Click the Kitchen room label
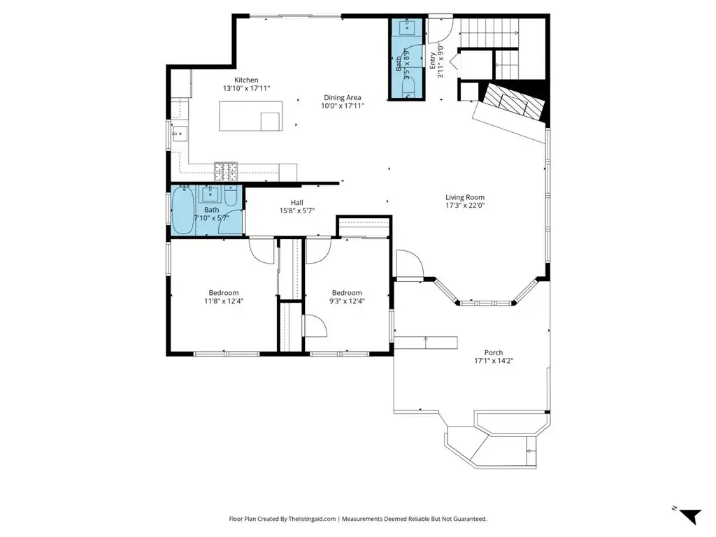coord(246,80)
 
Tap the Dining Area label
coord(343,97)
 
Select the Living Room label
coord(465,197)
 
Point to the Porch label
coord(494,352)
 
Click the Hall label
coord(296,202)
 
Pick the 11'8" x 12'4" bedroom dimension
coord(224,301)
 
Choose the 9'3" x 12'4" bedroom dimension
coord(347,301)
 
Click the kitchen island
coord(251,116)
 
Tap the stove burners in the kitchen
coord(226,172)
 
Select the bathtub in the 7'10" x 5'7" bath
coord(183,210)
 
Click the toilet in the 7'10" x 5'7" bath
coord(231,196)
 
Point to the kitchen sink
coord(180,134)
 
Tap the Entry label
coord(432,61)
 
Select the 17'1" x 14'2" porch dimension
coord(494,361)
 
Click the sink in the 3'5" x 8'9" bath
coord(406,27)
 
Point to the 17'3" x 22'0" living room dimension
coord(465,206)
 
